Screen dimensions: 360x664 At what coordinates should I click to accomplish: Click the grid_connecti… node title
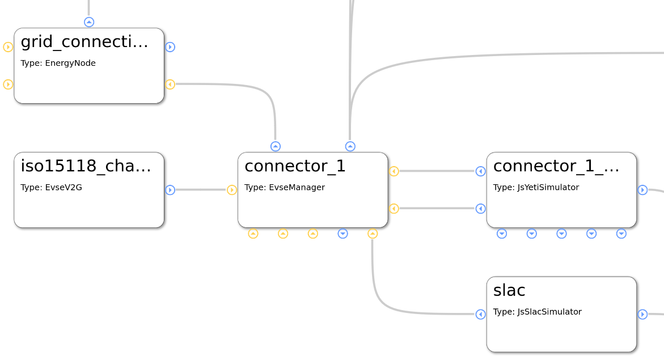tap(84, 41)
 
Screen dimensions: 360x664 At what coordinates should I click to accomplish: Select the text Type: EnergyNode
tap(58, 63)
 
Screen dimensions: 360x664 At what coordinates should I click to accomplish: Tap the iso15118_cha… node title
tap(86, 166)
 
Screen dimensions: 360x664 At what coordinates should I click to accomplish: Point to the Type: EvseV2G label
tap(51, 188)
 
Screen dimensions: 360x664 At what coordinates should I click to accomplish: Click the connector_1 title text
tap(295, 166)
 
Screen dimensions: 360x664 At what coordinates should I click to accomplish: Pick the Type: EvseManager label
tap(285, 188)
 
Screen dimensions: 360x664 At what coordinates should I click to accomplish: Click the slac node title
tap(509, 290)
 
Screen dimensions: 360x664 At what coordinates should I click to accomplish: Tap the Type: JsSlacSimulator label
tap(537, 312)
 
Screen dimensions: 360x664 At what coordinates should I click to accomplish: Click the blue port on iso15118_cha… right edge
tap(170, 190)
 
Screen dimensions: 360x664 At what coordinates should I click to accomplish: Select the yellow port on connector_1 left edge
tap(232, 190)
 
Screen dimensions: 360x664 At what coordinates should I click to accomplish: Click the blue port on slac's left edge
tap(481, 314)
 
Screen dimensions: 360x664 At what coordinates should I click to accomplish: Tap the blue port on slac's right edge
tap(642, 314)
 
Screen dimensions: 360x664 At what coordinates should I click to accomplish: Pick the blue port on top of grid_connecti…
tap(89, 22)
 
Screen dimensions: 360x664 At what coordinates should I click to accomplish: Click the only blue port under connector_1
tap(342, 234)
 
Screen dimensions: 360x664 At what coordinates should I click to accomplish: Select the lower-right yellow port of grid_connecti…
tap(170, 84)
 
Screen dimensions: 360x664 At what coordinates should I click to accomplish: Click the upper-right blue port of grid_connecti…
tap(170, 47)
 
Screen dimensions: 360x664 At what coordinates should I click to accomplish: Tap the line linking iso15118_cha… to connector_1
tap(201, 190)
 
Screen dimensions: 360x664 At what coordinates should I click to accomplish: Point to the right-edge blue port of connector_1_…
tap(642, 190)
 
